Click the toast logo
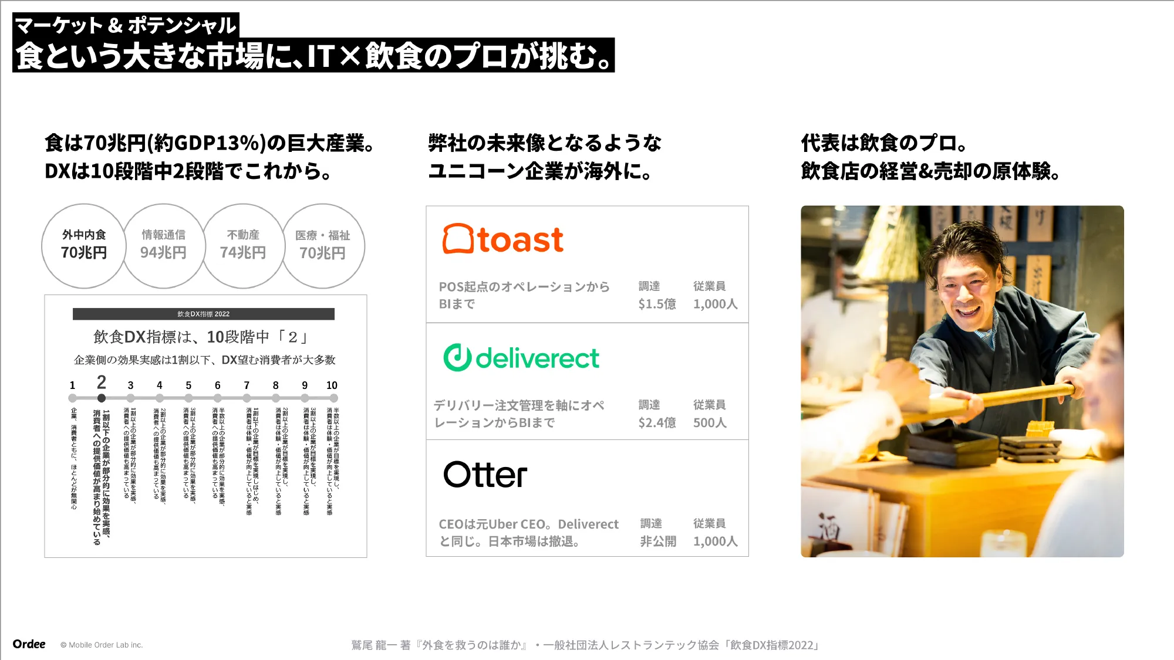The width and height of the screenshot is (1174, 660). click(503, 239)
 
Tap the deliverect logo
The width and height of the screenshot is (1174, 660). click(521, 358)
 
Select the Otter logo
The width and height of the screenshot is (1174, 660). click(485, 475)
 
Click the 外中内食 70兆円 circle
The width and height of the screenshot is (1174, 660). click(84, 245)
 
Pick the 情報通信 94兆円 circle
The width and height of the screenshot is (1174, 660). click(163, 245)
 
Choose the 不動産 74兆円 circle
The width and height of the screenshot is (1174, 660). click(243, 245)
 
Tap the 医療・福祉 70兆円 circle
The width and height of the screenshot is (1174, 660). click(323, 245)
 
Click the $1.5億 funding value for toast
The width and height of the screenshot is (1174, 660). click(657, 304)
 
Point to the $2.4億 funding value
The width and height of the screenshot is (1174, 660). click(657, 422)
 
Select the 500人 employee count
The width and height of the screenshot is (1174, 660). click(710, 422)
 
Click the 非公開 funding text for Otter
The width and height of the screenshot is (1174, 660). click(658, 541)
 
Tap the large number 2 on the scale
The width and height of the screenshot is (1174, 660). click(102, 383)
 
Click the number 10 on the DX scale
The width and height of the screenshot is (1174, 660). click(332, 385)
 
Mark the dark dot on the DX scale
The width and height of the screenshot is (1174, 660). click(102, 398)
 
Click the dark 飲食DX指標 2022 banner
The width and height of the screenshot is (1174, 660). click(203, 314)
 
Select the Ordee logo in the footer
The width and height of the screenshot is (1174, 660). click(29, 644)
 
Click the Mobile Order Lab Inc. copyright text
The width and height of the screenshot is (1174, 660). click(102, 645)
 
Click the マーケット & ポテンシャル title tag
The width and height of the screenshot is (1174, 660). click(125, 25)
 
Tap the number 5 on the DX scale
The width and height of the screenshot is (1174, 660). click(188, 385)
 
